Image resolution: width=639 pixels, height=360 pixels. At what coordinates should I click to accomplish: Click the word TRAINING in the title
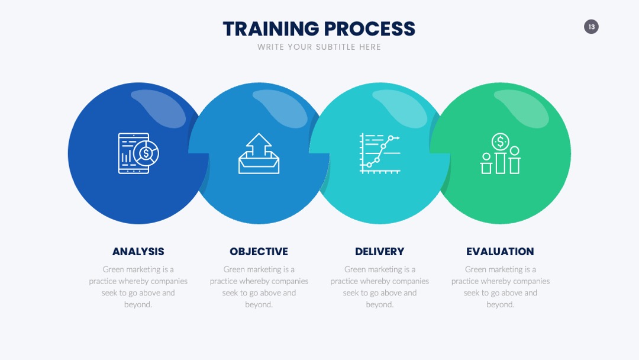click(x=271, y=29)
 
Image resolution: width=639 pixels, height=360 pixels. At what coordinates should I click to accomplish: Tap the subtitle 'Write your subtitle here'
click(x=319, y=47)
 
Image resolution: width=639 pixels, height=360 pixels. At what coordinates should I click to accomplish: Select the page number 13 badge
click(x=591, y=27)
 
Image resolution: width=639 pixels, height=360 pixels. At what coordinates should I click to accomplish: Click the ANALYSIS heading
click(x=138, y=252)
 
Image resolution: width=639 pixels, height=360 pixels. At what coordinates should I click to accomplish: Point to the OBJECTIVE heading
click(x=259, y=252)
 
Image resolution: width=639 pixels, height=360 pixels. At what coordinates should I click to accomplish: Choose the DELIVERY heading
click(x=379, y=252)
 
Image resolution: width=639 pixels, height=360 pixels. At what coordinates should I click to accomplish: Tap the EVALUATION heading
click(x=500, y=252)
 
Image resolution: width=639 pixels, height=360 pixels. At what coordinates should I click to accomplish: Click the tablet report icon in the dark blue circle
click(x=138, y=153)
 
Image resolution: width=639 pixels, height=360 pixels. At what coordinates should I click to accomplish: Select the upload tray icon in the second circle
click(x=259, y=153)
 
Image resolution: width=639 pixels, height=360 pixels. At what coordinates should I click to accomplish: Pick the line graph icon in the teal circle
click(x=380, y=153)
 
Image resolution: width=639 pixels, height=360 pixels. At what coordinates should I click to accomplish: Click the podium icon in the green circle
click(x=500, y=153)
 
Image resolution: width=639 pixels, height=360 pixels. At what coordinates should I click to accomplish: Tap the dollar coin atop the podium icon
click(x=500, y=142)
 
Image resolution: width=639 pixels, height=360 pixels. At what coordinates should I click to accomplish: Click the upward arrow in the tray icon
click(x=259, y=146)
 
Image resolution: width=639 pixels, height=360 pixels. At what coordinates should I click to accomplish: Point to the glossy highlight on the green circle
click(x=521, y=108)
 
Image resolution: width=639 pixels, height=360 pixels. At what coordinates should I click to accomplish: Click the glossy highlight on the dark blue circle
click(x=158, y=108)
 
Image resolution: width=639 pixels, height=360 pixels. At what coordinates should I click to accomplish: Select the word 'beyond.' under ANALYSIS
click(x=138, y=304)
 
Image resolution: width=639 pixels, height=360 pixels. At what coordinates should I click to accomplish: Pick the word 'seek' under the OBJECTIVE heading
click(x=230, y=292)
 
